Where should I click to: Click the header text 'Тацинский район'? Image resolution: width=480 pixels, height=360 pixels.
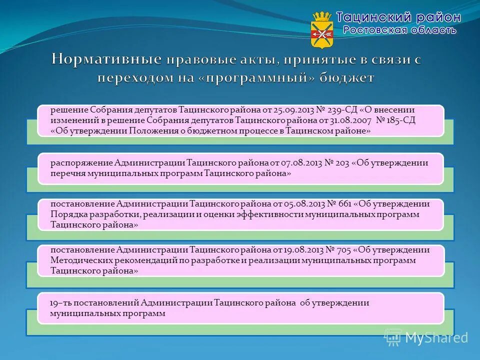398,17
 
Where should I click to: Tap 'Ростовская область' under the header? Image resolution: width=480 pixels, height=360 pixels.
399,30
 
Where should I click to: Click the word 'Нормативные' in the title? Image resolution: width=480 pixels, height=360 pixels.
106,60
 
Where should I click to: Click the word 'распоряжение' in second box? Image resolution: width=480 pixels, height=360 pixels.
81,163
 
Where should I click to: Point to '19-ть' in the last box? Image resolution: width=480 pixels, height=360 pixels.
59,303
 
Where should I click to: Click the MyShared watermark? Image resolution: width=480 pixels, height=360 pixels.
427,337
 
